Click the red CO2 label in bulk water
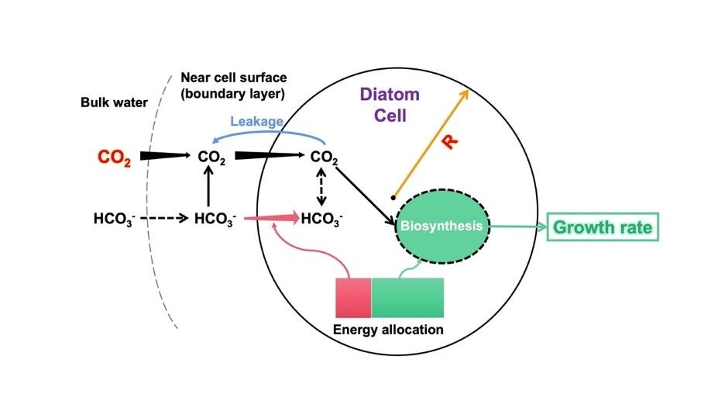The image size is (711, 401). click(114, 157)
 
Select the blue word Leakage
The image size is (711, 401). click(257, 122)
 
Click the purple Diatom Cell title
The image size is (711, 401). click(390, 105)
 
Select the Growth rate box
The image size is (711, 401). click(603, 228)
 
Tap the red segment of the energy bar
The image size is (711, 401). click(353, 297)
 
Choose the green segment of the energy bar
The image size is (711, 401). click(407, 297)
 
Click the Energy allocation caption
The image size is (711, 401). click(388, 330)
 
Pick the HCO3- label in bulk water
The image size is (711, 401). click(115, 220)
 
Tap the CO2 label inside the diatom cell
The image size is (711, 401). click(325, 157)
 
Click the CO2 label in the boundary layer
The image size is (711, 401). click(211, 157)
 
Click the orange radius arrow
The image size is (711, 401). click(431, 143)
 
